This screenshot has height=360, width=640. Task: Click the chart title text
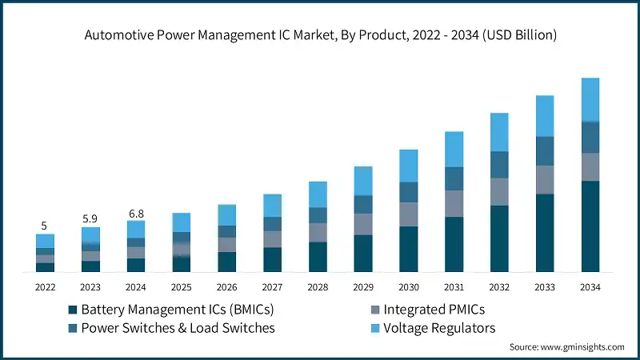tap(320, 34)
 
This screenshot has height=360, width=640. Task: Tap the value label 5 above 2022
tap(45, 225)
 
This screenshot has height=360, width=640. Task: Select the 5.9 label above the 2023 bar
tap(90, 218)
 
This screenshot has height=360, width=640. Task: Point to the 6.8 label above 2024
tap(136, 213)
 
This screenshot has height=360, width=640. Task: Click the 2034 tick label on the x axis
tap(590, 286)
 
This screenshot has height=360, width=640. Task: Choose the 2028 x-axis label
tap(318, 286)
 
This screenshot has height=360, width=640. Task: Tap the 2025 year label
tap(182, 286)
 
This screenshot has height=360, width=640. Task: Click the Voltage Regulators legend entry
tap(439, 328)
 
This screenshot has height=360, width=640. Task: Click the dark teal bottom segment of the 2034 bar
tap(590, 226)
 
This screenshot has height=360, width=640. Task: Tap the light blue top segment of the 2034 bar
tap(590, 99)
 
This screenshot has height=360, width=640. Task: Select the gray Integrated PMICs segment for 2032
tap(499, 191)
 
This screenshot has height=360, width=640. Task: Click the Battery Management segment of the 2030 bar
tap(409, 249)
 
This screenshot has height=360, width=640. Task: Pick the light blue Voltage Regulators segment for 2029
tap(363, 181)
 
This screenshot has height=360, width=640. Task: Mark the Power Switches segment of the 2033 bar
tap(545, 150)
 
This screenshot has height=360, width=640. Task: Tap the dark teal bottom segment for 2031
tap(454, 244)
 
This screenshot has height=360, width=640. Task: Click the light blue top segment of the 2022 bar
tap(45, 241)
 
